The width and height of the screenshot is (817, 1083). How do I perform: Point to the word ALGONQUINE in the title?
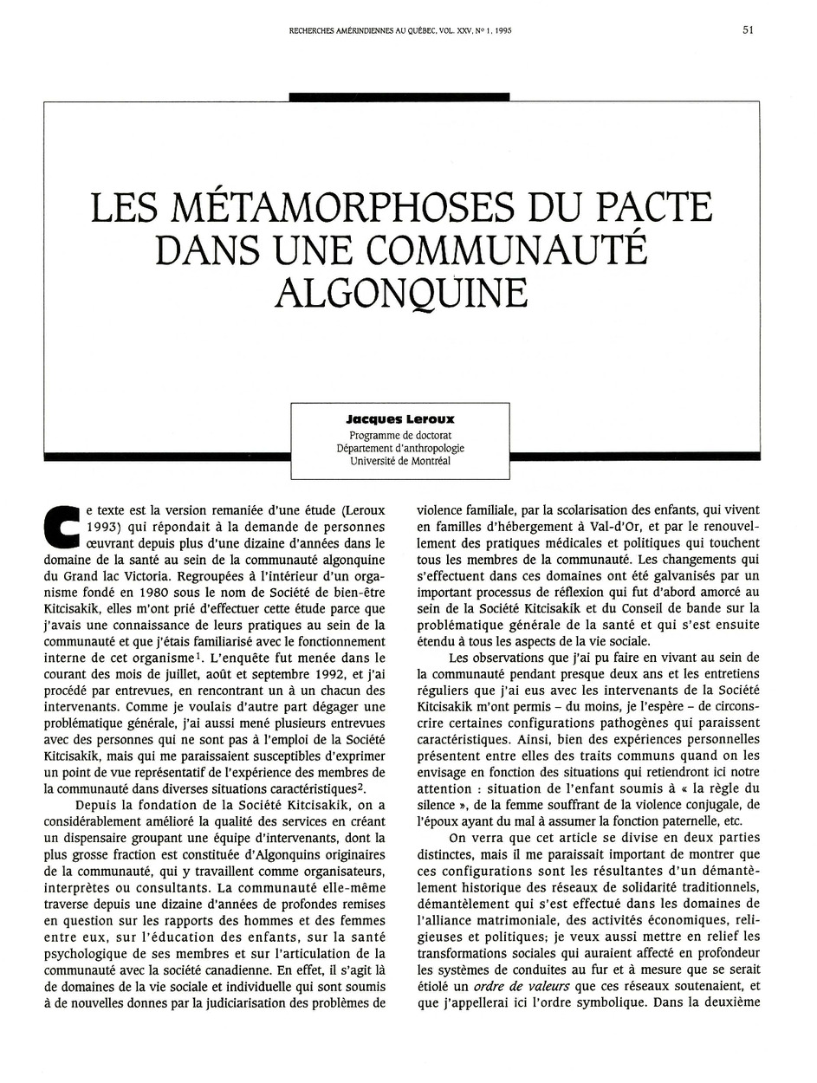click(x=400, y=292)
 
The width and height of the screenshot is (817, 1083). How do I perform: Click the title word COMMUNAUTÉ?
click(x=508, y=250)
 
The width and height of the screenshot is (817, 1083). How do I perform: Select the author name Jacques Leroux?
click(x=400, y=419)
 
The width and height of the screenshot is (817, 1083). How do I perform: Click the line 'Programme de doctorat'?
click(x=400, y=434)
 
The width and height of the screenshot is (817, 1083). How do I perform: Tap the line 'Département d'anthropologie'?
click(x=400, y=448)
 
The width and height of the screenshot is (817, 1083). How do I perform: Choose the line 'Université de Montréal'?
click(x=400, y=461)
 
